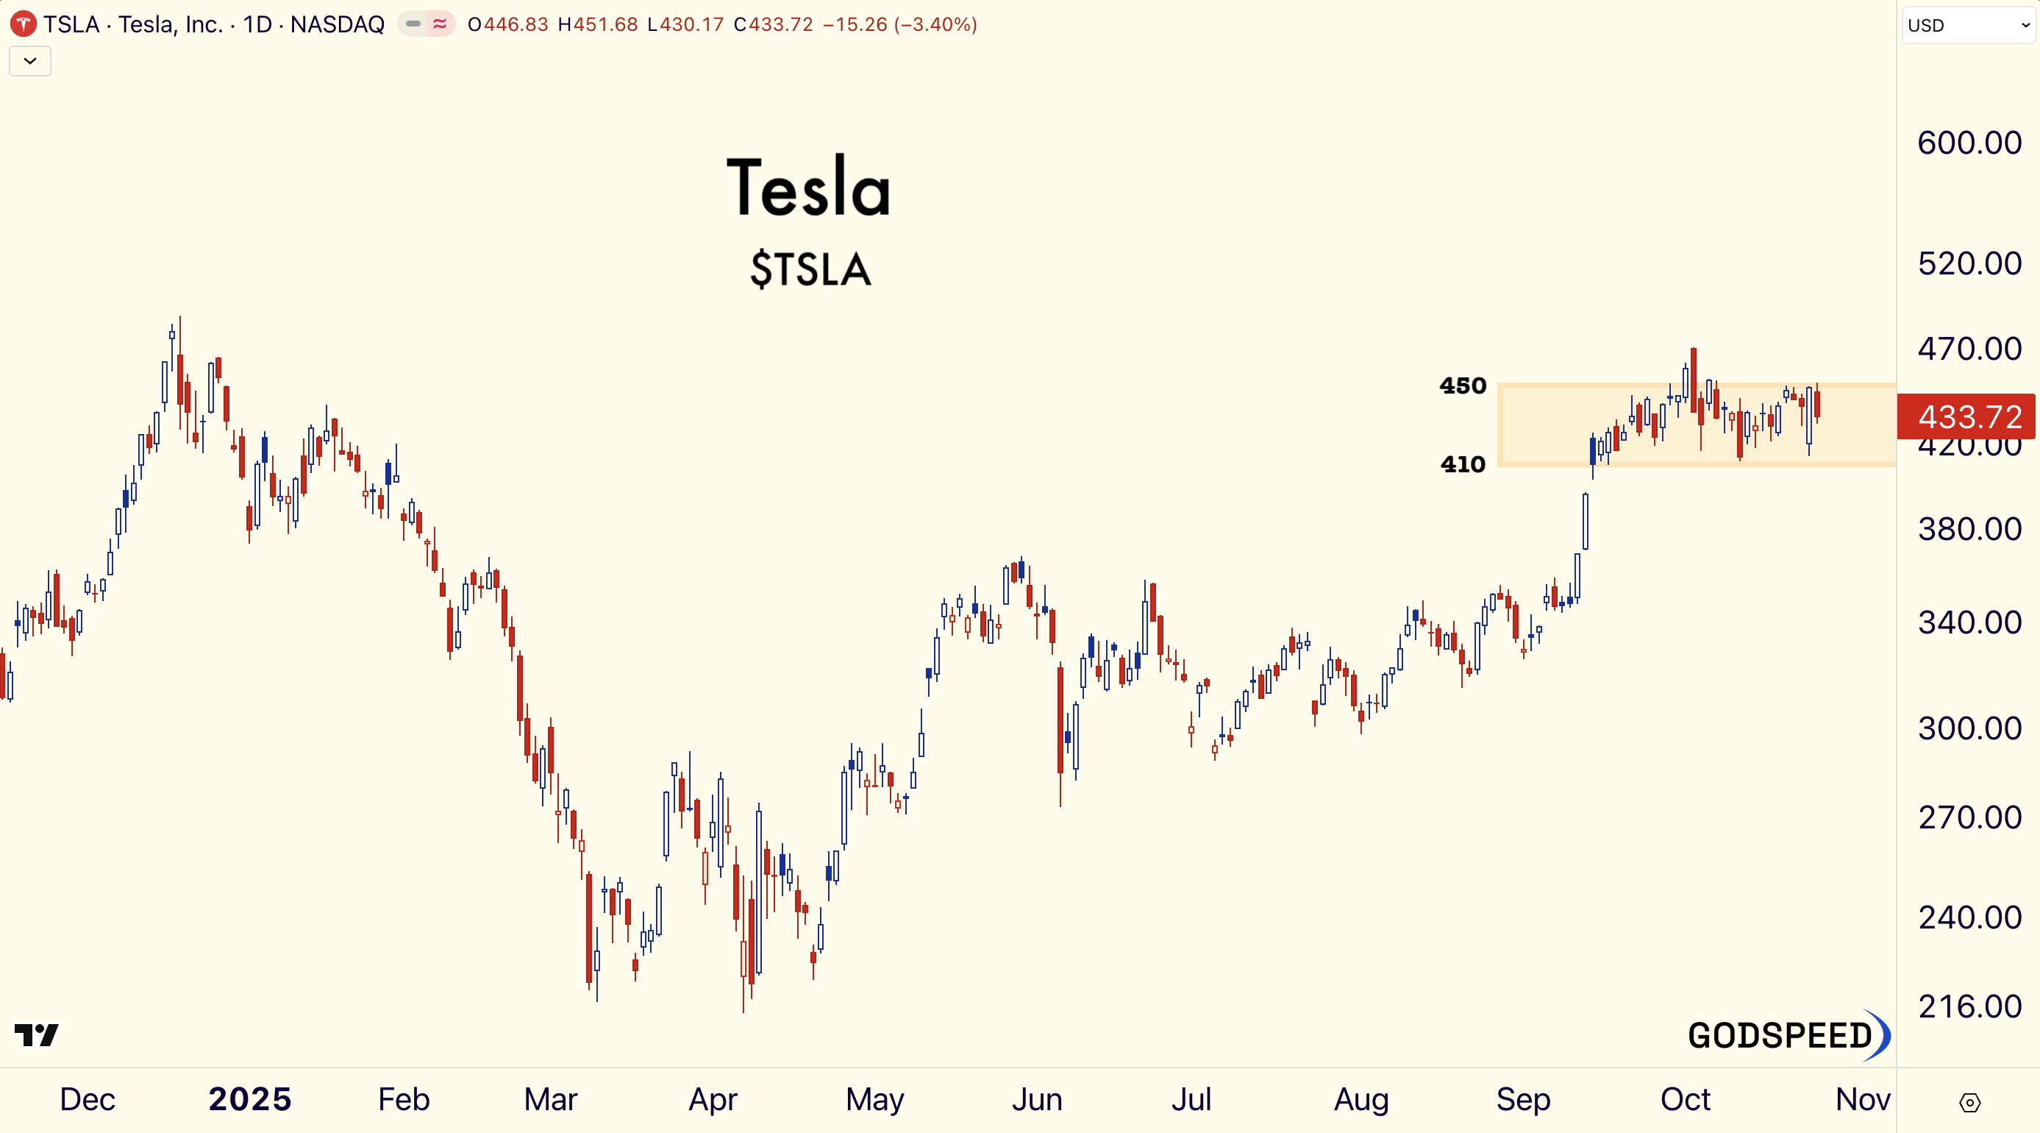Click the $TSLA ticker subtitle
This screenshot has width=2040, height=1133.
tap(810, 269)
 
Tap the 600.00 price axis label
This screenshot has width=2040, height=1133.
tap(1969, 143)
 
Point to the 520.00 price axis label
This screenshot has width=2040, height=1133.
tap(1969, 263)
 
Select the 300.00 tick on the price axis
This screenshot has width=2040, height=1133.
tap(1969, 728)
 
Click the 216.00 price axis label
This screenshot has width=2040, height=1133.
tap(1969, 1006)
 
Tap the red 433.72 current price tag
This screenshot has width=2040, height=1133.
tap(1969, 416)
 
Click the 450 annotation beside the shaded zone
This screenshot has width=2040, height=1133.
tap(1463, 386)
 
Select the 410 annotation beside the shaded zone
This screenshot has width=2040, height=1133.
tap(1463, 464)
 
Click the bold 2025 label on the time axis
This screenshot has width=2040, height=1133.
tap(249, 1099)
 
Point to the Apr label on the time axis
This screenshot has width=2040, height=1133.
tap(713, 1099)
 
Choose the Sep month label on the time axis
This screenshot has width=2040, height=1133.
tap(1523, 1099)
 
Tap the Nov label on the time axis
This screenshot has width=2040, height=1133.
tap(1863, 1099)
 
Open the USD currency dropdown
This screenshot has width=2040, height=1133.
tap(1967, 25)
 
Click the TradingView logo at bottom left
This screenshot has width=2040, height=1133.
tap(37, 1034)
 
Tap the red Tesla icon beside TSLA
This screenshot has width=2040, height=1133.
tap(23, 24)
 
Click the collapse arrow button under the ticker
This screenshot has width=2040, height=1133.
tap(30, 61)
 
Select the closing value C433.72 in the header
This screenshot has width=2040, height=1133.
tap(774, 24)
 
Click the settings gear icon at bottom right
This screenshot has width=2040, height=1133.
tap(1969, 1102)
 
